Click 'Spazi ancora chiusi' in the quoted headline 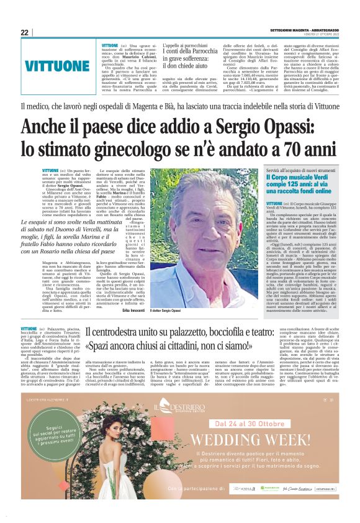(x=127, y=345)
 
